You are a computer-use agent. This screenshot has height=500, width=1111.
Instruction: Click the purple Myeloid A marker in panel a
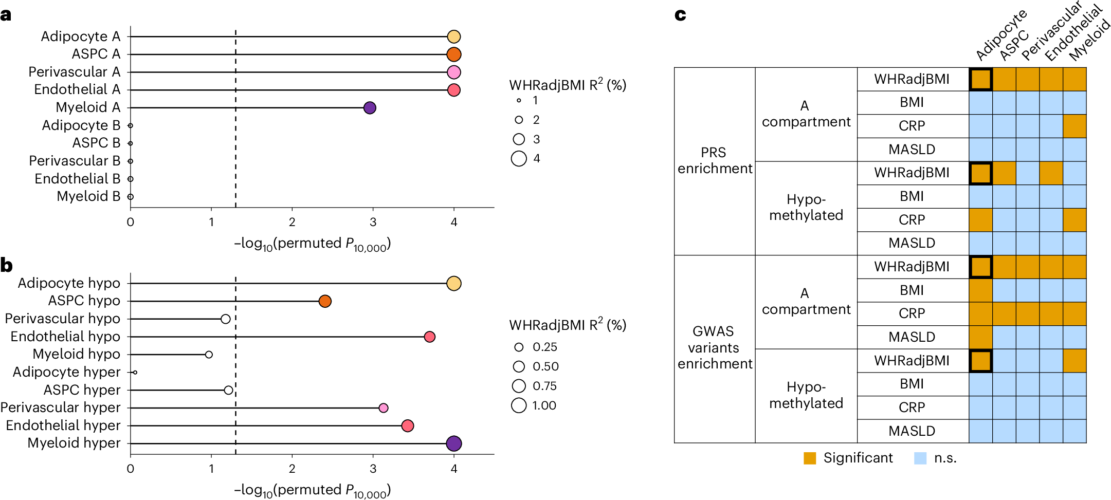pyautogui.click(x=369, y=108)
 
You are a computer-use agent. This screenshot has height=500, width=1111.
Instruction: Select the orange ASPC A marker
pyautogui.click(x=453, y=54)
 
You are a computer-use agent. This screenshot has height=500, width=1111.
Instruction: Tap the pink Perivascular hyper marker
pyautogui.click(x=383, y=408)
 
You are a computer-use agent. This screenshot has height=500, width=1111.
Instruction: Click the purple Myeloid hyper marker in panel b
pyautogui.click(x=453, y=443)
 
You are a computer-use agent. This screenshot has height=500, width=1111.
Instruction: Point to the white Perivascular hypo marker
pyautogui.click(x=225, y=319)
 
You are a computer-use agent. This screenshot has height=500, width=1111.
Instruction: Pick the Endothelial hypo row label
pyautogui.click(x=65, y=337)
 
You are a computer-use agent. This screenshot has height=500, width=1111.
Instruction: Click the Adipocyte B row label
pyautogui.click(x=81, y=125)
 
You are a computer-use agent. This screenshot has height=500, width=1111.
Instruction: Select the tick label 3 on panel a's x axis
pyautogui.click(x=373, y=222)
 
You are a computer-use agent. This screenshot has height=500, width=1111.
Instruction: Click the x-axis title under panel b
pyautogui.click(x=312, y=490)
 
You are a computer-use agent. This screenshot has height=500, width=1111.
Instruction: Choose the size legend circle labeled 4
pyautogui.click(x=519, y=159)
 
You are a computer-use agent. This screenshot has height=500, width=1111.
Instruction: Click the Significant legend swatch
pyautogui.click(x=810, y=458)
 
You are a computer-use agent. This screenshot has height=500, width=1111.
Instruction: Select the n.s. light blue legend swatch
pyautogui.click(x=920, y=458)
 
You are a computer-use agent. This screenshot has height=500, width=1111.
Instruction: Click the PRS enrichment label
pyautogui.click(x=714, y=161)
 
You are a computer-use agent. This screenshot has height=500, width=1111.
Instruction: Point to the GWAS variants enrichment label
pyautogui.click(x=714, y=348)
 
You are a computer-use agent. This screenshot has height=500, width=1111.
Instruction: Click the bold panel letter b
pyautogui.click(x=6, y=266)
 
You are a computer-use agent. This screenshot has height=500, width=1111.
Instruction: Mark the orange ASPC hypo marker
pyautogui.click(x=325, y=301)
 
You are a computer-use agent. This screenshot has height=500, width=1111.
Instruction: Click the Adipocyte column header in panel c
pyautogui.click(x=1000, y=35)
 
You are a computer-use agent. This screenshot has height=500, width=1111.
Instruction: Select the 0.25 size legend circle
pyautogui.click(x=519, y=347)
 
